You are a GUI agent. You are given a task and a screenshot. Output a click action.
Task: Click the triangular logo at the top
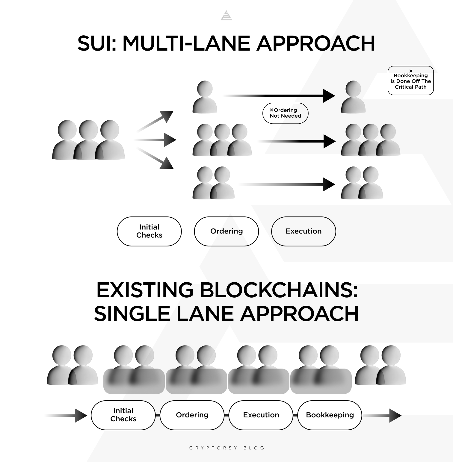[x=226, y=16]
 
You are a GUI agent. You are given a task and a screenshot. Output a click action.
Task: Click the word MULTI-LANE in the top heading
[x=186, y=43]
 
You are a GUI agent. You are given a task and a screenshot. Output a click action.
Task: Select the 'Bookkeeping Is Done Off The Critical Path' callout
[x=410, y=81]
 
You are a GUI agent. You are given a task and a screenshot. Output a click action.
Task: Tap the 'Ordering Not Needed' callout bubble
[x=285, y=113]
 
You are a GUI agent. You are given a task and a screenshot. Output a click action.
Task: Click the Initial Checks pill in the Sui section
[x=149, y=231]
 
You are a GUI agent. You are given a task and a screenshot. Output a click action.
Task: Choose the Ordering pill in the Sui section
[x=226, y=231]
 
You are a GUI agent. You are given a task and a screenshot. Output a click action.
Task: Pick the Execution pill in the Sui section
[x=303, y=231]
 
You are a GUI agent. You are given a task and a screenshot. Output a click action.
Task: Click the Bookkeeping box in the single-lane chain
[x=330, y=415]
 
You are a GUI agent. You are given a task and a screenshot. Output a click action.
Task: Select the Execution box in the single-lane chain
[x=261, y=415]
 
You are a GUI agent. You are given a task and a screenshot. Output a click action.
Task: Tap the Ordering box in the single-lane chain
[x=192, y=415]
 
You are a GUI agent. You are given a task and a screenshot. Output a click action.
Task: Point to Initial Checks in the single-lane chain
[x=123, y=415]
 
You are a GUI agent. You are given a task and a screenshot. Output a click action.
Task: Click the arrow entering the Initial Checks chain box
[x=67, y=416]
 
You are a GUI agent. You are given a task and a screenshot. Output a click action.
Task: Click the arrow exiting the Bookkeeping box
[x=382, y=416]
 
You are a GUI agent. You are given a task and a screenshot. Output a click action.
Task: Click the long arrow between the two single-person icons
[x=279, y=96]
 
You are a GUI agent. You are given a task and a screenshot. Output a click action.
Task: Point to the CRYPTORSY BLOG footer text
[x=227, y=448]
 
